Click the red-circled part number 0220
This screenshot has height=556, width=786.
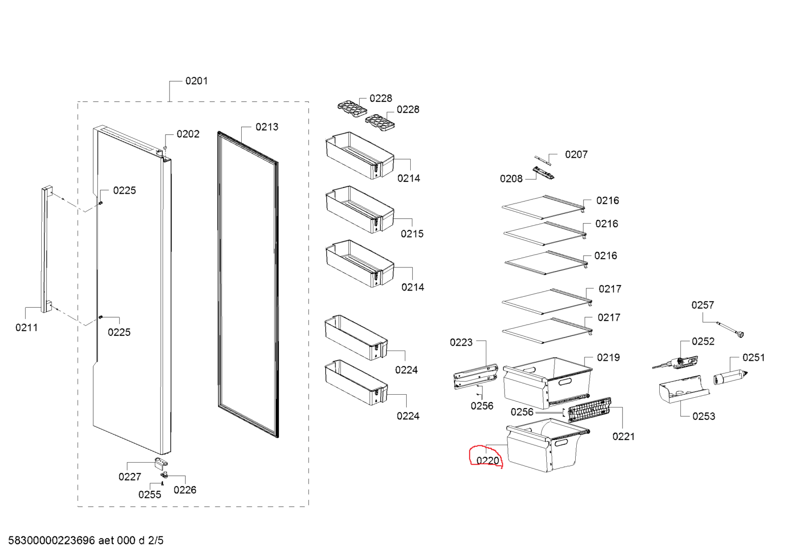pyautogui.click(x=487, y=461)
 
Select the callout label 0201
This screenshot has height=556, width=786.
pyautogui.click(x=196, y=81)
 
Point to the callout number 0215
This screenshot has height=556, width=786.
pyautogui.click(x=412, y=234)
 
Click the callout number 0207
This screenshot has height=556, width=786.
pyautogui.click(x=576, y=155)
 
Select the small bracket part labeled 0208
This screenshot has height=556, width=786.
pyautogui.click(x=543, y=173)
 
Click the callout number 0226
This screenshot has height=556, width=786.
pyautogui.click(x=185, y=490)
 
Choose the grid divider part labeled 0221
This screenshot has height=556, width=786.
pyautogui.click(x=589, y=410)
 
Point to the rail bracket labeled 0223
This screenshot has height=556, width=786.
pyautogui.click(x=475, y=377)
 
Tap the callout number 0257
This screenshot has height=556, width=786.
pyautogui.click(x=702, y=305)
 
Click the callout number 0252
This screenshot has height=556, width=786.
pyautogui.click(x=702, y=342)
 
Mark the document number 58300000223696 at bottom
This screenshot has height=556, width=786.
pyautogui.click(x=52, y=541)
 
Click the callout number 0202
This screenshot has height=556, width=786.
pyautogui.click(x=188, y=134)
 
